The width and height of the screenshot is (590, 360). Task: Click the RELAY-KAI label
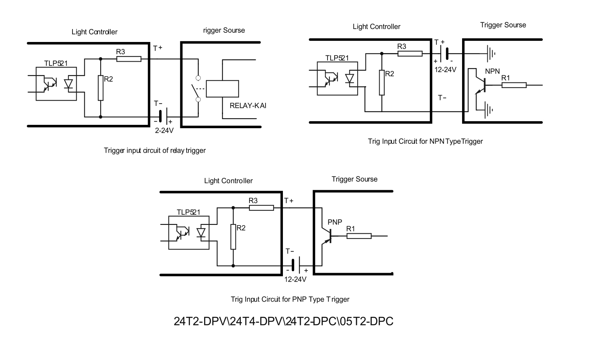pos(248,106)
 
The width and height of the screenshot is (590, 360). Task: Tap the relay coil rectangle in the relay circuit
pos(222,88)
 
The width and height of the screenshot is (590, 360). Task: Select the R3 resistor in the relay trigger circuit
pos(129,59)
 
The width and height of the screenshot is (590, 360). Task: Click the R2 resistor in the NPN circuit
pos(382,82)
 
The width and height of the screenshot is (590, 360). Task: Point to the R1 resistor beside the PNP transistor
pos(359,236)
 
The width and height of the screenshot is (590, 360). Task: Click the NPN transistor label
pos(492,71)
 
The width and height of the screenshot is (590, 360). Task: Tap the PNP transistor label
pos(335,222)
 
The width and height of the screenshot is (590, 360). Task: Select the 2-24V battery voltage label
pos(164,130)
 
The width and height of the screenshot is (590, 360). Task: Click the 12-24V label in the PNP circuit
pos(295,279)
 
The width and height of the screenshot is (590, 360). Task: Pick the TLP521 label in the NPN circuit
pos(337,58)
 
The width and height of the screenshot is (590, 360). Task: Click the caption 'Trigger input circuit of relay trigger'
pos(155,150)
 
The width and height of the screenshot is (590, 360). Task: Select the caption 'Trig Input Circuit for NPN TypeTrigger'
pos(425,141)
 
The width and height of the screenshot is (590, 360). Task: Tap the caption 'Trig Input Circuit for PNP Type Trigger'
pos(290,299)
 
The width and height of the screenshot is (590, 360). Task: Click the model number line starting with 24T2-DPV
pos(283,321)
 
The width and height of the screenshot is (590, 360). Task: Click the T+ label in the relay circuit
pos(158,48)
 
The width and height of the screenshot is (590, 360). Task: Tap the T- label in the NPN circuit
pos(442,98)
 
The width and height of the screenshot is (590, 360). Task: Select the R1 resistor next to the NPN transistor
pos(514,85)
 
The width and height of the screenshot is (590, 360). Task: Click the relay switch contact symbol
pos(196,89)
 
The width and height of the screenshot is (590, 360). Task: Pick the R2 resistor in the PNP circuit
pos(233,237)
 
